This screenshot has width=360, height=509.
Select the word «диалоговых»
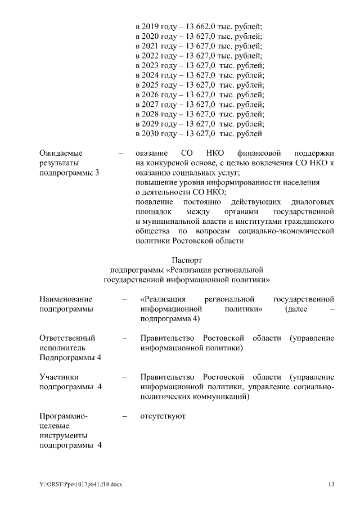point(312,201)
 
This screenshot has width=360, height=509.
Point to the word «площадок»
point(154,211)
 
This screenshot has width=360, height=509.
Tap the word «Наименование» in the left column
point(66,299)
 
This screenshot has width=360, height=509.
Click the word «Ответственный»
point(67,338)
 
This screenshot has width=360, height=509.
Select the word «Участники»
point(58,376)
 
